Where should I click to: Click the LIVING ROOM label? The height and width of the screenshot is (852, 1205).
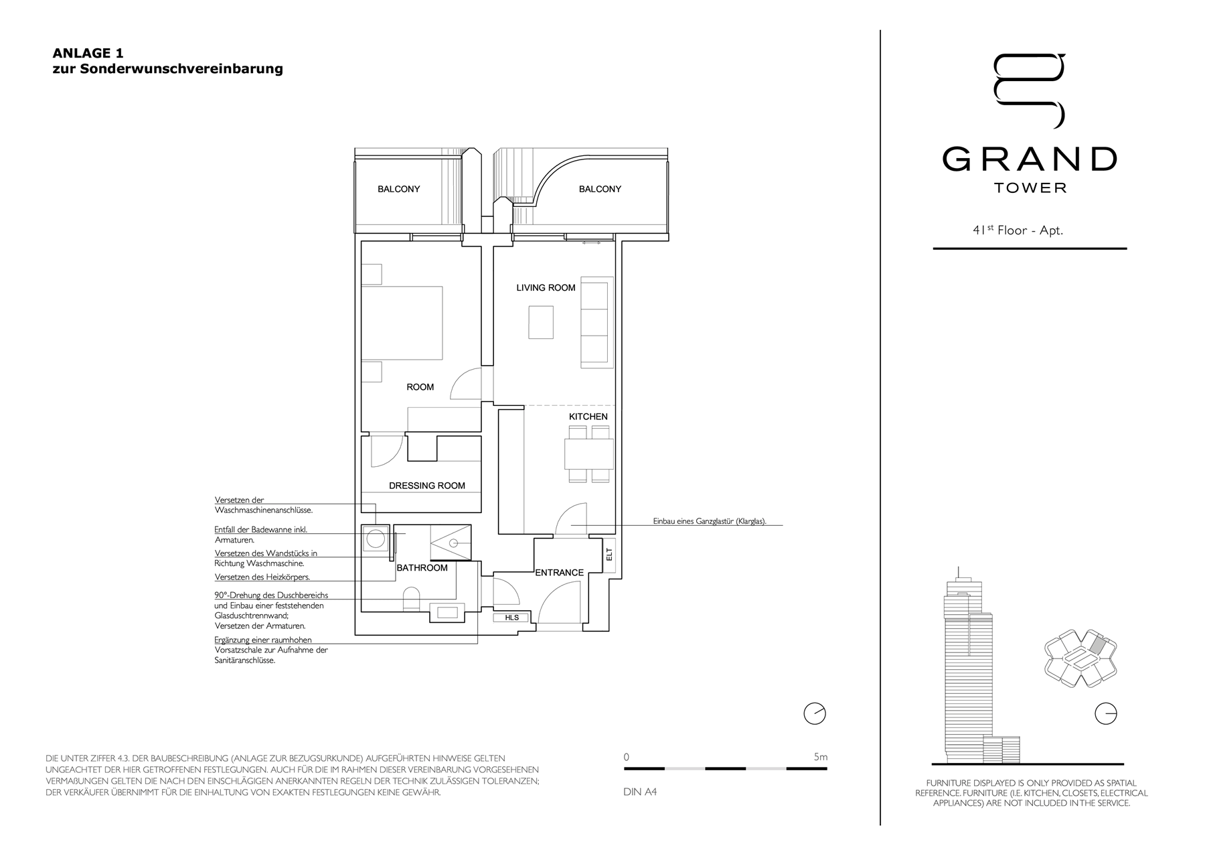pos(546,288)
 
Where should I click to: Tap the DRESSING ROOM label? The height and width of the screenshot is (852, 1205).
pos(427,486)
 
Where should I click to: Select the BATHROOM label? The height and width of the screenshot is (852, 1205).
pos(422,568)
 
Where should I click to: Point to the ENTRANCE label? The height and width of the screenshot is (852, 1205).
pos(559,573)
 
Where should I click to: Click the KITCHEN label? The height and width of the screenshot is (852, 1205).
pos(588,417)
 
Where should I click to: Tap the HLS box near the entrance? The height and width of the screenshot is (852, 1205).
pos(512,618)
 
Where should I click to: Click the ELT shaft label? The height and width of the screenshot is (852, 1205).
pos(609,555)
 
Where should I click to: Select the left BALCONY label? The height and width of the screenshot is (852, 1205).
pos(399,189)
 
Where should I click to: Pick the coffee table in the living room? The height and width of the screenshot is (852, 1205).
pos(541,322)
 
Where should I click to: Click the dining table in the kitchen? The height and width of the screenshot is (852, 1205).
pos(589,453)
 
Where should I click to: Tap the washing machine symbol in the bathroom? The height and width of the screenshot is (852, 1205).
pos(375,539)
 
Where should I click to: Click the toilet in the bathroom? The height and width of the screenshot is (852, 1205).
pos(411,599)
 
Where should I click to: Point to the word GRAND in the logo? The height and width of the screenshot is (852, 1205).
pos(1030,159)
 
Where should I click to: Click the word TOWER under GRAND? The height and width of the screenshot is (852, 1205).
pos(1030,188)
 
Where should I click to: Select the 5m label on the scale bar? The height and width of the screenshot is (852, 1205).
pos(821,757)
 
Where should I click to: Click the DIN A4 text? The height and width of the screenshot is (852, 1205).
pos(640,792)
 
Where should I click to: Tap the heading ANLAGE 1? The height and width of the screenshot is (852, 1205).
pos(88,53)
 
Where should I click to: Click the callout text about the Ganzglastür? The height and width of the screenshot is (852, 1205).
pos(710,521)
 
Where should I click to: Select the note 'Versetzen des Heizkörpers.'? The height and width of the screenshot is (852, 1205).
pos(262,577)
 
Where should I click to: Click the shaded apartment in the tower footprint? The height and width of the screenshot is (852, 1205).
pos(1097,645)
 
